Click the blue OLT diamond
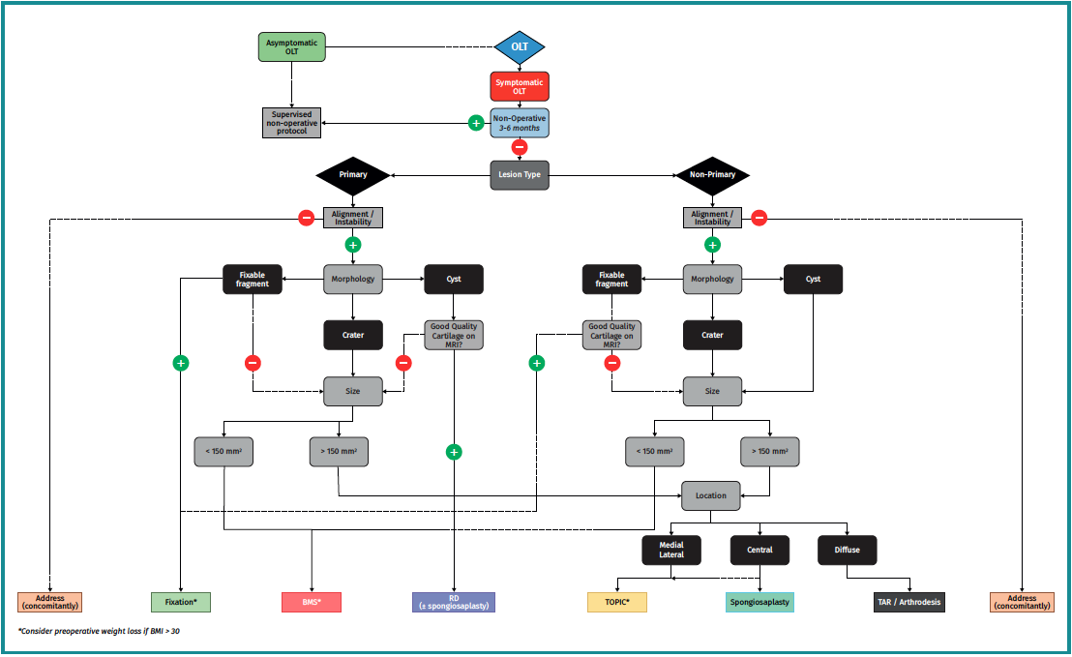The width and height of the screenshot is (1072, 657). [x=520, y=46]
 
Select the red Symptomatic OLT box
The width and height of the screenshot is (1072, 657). [x=520, y=87]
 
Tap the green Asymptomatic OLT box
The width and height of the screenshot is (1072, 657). [x=291, y=47]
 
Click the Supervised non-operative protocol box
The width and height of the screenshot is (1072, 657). [x=291, y=122]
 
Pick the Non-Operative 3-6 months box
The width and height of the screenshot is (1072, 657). [x=520, y=122]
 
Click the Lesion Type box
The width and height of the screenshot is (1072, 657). [x=520, y=175]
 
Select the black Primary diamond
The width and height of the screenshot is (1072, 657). [x=353, y=175]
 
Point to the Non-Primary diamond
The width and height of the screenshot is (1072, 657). [x=713, y=175]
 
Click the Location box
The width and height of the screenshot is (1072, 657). [x=711, y=495]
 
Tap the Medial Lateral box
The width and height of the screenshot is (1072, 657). [x=671, y=550]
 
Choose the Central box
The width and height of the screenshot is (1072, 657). [x=759, y=550]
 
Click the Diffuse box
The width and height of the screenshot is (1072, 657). [x=847, y=550]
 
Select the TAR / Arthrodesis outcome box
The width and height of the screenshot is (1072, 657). [x=908, y=602]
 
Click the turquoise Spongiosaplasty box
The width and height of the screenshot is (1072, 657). [x=759, y=602]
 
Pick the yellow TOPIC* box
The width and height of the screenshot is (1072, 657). [x=617, y=602]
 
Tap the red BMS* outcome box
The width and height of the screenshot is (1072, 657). [x=312, y=602]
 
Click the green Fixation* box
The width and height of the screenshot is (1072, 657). [x=181, y=602]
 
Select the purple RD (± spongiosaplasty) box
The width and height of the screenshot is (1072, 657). [x=453, y=602]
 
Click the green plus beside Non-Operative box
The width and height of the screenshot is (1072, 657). [x=476, y=123]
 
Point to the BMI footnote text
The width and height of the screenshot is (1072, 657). [x=99, y=631]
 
